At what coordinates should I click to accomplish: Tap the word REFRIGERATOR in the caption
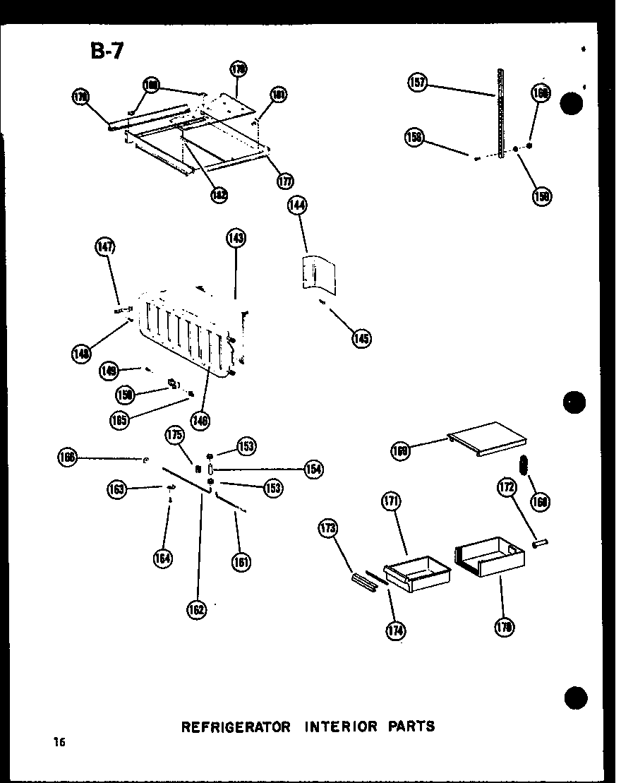[236, 726]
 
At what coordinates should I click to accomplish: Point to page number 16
[58, 741]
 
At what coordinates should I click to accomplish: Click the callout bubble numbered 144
[297, 206]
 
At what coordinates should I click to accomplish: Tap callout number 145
[362, 338]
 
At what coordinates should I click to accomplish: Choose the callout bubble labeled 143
[236, 238]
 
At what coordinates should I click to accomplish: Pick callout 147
[105, 246]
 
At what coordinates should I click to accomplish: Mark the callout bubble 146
[200, 421]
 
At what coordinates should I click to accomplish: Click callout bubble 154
[313, 468]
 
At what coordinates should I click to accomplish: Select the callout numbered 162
[197, 609]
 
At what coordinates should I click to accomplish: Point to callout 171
[392, 502]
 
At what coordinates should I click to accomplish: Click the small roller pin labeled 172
[540, 544]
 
